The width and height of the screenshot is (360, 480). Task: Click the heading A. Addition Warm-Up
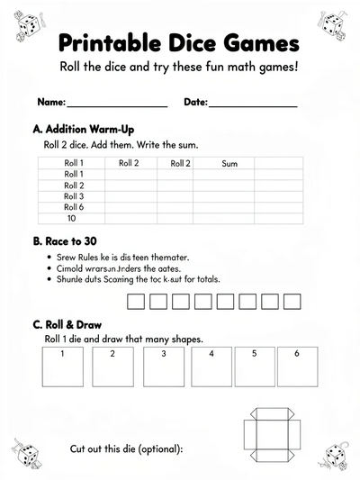point(83,130)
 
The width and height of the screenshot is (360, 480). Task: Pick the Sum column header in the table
point(229,163)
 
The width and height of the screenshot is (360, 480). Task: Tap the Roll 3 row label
point(74,196)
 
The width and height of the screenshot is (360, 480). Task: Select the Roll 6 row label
point(74,207)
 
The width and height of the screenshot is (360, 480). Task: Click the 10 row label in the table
point(72,218)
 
